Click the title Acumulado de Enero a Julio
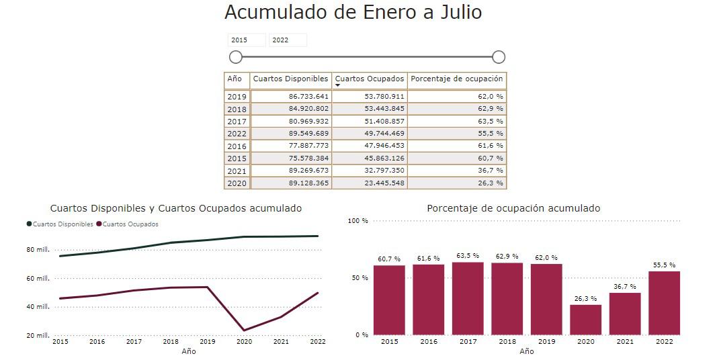(x=353, y=13)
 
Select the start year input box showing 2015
(x=246, y=40)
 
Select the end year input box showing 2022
(x=288, y=40)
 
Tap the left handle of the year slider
(x=236, y=57)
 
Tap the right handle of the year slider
(x=499, y=57)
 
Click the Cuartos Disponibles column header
(x=291, y=79)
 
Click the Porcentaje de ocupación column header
(x=456, y=79)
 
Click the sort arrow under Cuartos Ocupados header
(x=338, y=86)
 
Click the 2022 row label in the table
(x=237, y=134)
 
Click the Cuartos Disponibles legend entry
(x=60, y=224)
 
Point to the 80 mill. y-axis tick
(x=38, y=250)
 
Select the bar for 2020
(x=585, y=320)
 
